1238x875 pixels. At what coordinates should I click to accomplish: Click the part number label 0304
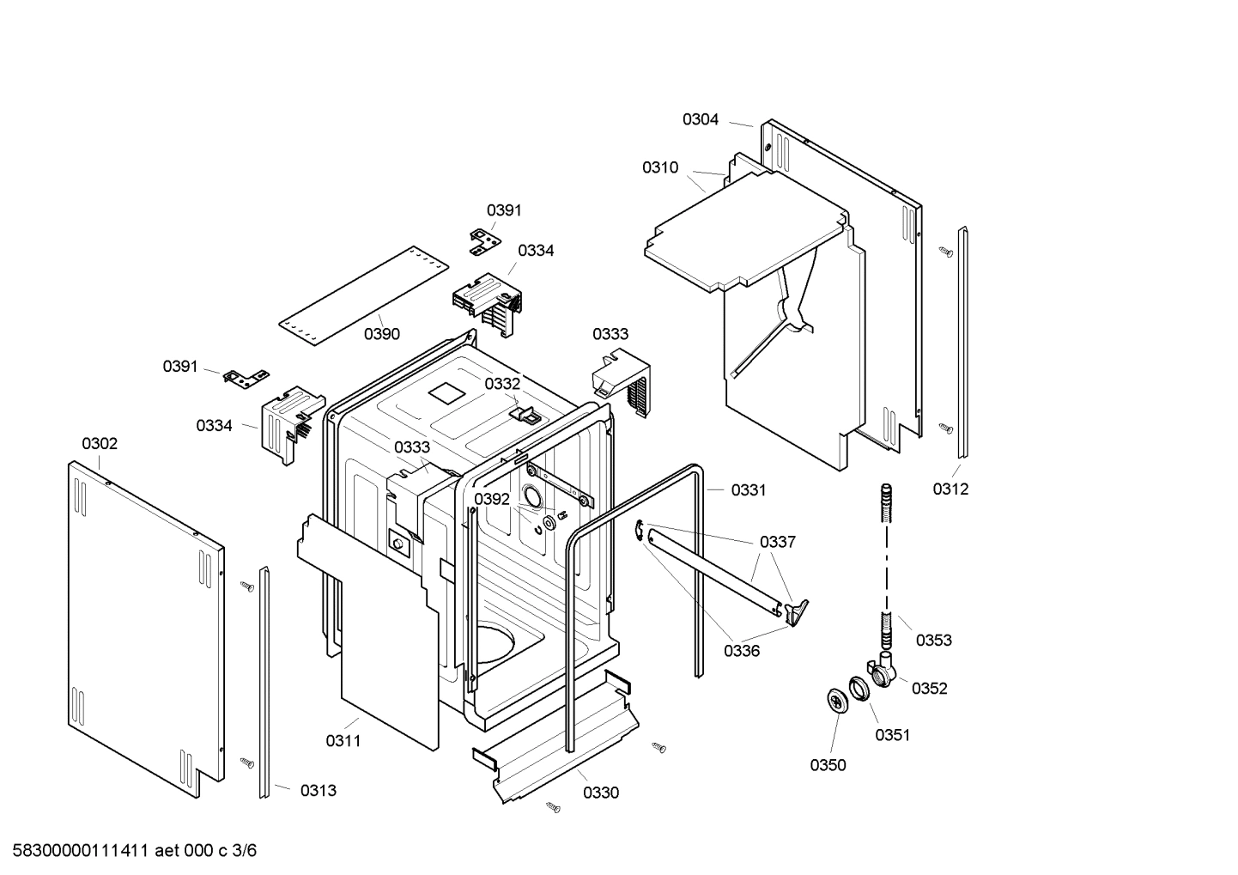pyautogui.click(x=701, y=120)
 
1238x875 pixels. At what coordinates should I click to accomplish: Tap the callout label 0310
pyautogui.click(x=660, y=168)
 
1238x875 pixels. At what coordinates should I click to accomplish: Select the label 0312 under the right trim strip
pyautogui.click(x=950, y=489)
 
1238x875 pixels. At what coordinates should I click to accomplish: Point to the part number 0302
pyautogui.click(x=100, y=444)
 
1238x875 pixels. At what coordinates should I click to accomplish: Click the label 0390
pyautogui.click(x=382, y=335)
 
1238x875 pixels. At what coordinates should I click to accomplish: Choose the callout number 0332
pyautogui.click(x=502, y=384)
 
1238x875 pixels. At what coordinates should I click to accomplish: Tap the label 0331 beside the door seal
pyautogui.click(x=749, y=490)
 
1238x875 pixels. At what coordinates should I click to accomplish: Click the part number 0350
pyautogui.click(x=828, y=766)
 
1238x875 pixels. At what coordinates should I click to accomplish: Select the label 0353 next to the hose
pyautogui.click(x=933, y=641)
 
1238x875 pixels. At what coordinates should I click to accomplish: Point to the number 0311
pyautogui.click(x=343, y=741)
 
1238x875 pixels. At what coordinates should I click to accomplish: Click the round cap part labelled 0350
pyautogui.click(x=835, y=700)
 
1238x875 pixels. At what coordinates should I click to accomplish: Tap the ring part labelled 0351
pyautogui.click(x=859, y=689)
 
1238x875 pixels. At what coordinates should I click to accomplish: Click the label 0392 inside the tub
pyautogui.click(x=492, y=500)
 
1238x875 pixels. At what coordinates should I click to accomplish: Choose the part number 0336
pyautogui.click(x=742, y=652)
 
